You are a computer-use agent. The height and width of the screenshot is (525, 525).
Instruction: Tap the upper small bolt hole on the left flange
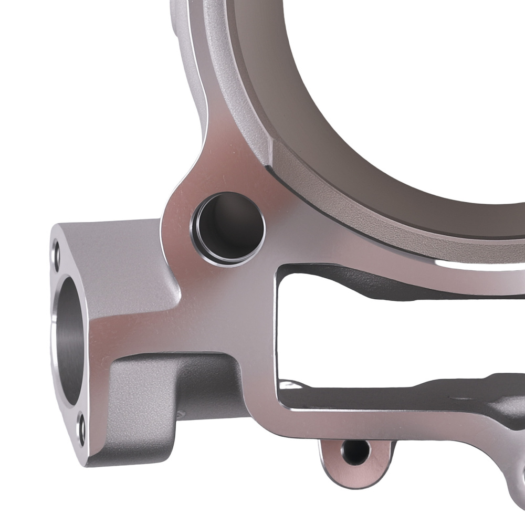pyautogui.click(x=57, y=254)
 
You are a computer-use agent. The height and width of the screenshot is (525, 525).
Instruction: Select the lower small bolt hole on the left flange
pyautogui.click(x=80, y=426)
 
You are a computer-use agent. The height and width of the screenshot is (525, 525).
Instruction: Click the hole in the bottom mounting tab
pyautogui.click(x=356, y=451)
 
